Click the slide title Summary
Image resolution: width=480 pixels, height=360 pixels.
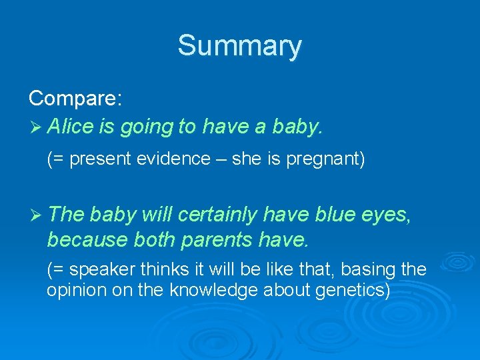pos(239,46)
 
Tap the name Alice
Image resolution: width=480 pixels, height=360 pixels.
pos(71,126)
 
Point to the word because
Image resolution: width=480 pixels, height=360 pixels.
pos(89,238)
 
